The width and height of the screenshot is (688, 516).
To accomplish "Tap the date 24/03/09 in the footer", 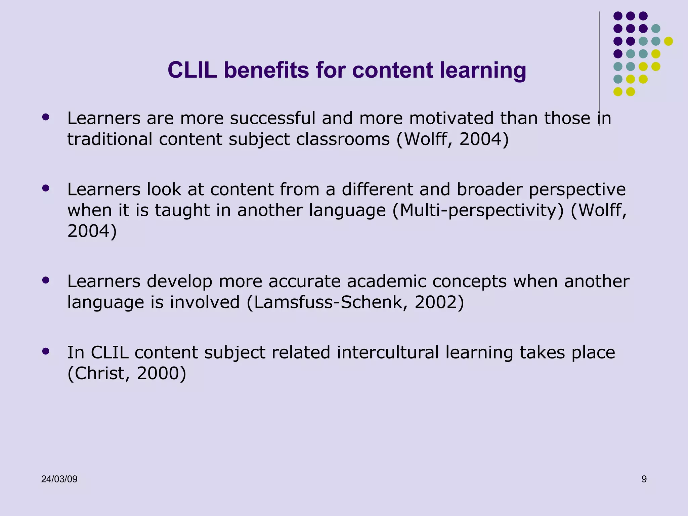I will tap(59, 479).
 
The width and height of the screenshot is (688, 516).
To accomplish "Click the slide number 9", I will tap(644, 479).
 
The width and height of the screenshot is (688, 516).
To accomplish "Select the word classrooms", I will tap(343, 139).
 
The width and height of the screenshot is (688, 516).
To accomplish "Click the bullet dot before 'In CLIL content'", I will tap(46, 351).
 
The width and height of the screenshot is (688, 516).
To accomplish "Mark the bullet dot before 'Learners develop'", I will tap(46, 280).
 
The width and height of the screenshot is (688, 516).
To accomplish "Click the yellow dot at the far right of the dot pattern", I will tap(669, 41).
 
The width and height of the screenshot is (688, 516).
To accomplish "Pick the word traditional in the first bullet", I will tap(110, 139).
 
